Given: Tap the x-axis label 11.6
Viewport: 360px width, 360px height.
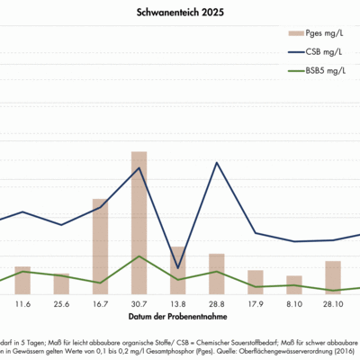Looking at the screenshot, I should pos(22,305).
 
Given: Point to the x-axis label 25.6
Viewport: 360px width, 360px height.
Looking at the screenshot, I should pos(61,305).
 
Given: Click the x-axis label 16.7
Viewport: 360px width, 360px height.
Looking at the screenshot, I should pos(100,305).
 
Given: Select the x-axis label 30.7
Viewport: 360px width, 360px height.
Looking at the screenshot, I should pos(139,305).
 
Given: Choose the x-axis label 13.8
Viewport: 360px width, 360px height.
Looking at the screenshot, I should pos(178,305).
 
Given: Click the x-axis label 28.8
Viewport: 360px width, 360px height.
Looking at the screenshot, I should pos(217,305).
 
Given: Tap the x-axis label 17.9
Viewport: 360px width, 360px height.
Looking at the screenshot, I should pos(256,305).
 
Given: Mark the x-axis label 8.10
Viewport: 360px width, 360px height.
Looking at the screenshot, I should pos(294,305).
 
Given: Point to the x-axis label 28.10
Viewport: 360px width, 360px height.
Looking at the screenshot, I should pos(333,305).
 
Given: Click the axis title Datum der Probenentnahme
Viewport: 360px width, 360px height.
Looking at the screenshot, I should pos(176,318).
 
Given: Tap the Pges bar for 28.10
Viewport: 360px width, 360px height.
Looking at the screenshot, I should pos(333,277).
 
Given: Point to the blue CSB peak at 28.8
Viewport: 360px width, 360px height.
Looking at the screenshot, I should pos(217,163).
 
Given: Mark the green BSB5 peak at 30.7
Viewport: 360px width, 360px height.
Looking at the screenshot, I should pos(139,256).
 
